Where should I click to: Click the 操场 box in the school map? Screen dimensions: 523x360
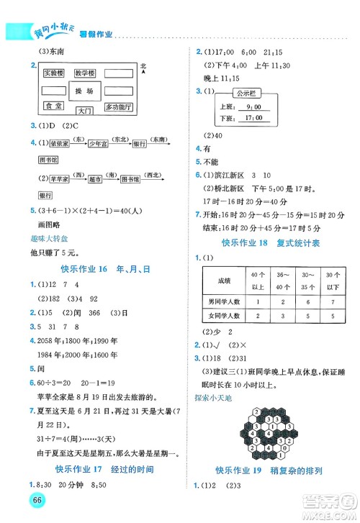point(84,92)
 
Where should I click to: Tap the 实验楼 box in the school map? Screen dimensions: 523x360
point(53,73)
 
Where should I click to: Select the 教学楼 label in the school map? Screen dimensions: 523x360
point(86,73)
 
